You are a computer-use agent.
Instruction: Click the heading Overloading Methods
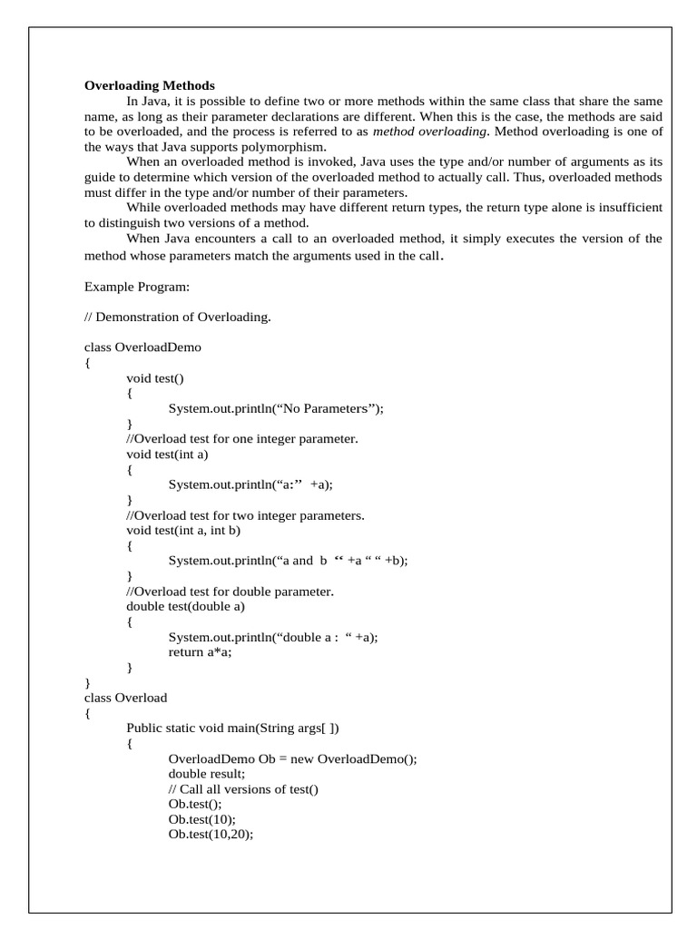click(x=150, y=85)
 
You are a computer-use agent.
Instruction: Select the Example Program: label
click(x=137, y=286)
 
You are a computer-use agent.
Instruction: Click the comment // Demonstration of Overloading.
click(x=177, y=317)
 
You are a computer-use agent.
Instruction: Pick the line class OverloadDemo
click(x=142, y=347)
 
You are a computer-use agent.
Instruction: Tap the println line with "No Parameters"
click(x=276, y=408)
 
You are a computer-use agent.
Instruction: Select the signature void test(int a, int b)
click(x=183, y=531)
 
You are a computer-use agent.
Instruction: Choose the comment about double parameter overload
click(x=231, y=592)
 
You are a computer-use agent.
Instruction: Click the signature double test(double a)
click(x=186, y=607)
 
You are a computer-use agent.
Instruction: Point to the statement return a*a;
click(x=200, y=652)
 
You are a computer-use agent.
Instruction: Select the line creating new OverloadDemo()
click(x=292, y=759)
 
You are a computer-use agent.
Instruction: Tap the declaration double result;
click(x=206, y=775)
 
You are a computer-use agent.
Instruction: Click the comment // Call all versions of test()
click(x=243, y=789)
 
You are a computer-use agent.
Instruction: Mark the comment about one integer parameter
click(x=241, y=439)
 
